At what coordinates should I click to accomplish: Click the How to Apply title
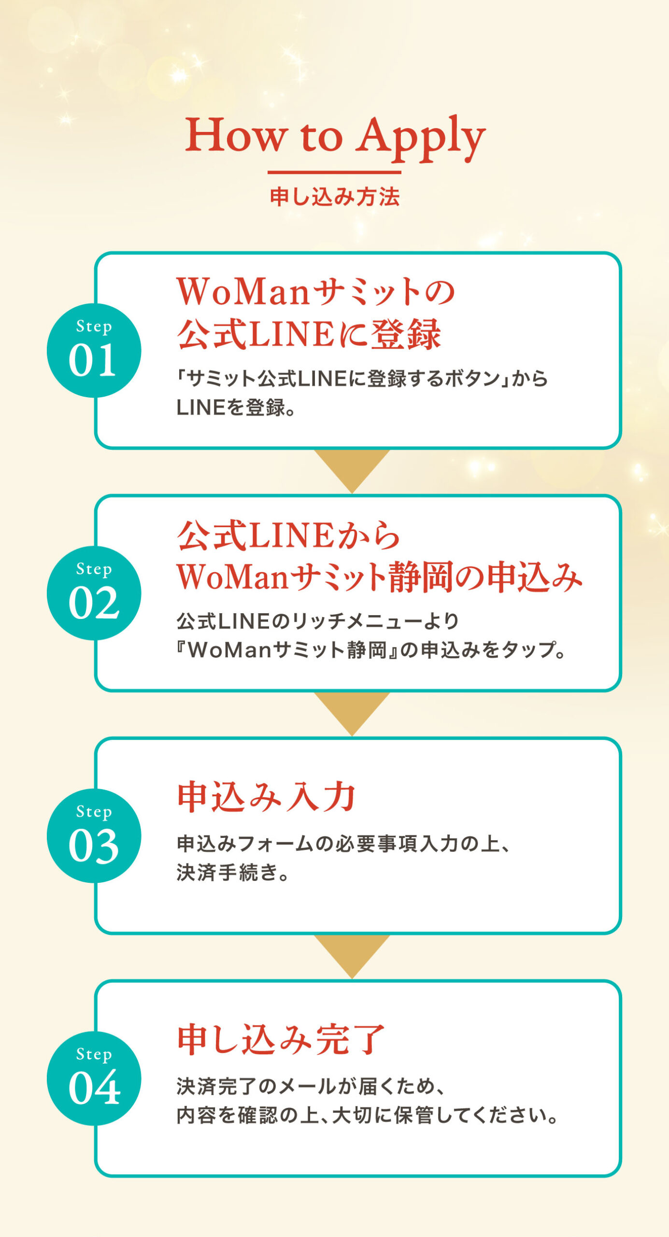(335, 137)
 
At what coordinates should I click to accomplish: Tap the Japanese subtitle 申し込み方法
(335, 197)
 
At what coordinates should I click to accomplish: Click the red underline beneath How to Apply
(334, 172)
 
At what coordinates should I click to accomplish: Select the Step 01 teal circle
(94, 350)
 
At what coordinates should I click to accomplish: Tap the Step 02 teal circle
(94, 593)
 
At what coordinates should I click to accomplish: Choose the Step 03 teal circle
(94, 835)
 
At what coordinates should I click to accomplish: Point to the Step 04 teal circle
(94, 1078)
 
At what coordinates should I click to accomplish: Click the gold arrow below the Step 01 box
(352, 467)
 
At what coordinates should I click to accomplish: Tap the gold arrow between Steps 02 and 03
(352, 710)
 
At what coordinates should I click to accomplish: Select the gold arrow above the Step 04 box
(352, 952)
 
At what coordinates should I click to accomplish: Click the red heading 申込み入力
(267, 797)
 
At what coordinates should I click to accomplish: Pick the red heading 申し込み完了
(281, 1039)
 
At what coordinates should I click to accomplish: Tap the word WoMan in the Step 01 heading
(242, 292)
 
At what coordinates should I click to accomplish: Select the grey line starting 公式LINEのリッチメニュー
(317, 621)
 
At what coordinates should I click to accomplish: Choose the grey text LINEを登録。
(236, 408)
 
